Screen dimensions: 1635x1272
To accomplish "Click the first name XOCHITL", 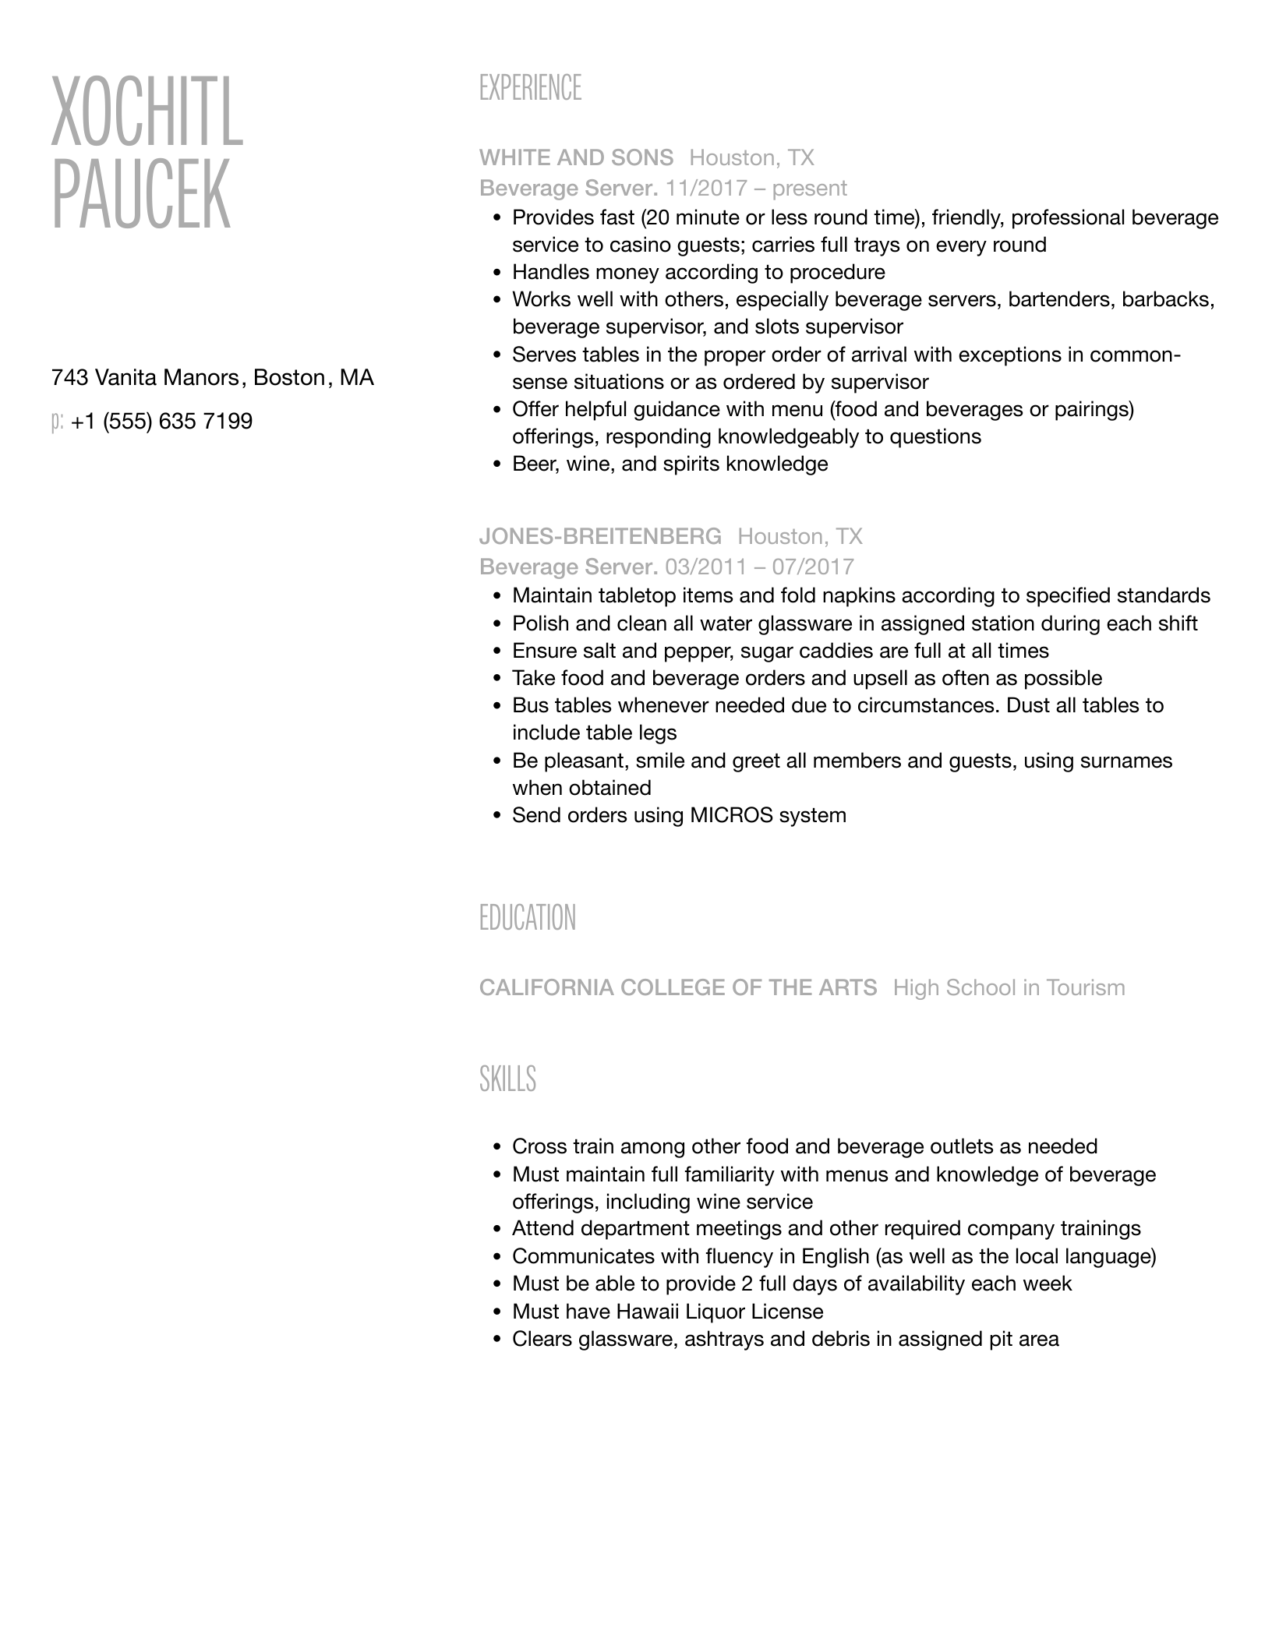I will [x=147, y=112].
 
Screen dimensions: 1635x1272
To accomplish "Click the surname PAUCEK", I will [x=141, y=195].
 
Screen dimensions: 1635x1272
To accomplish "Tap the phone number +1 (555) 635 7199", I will [x=161, y=422].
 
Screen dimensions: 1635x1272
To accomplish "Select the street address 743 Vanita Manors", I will [x=145, y=378].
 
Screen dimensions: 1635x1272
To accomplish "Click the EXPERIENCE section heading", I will [x=530, y=88].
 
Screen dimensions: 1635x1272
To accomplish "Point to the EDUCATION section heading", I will [x=527, y=918].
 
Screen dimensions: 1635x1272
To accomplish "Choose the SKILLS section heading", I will [x=507, y=1079].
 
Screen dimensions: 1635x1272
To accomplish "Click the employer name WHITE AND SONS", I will [x=576, y=157].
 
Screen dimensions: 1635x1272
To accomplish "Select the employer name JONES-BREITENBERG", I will [x=600, y=536].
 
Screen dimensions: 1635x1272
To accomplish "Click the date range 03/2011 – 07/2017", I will [x=759, y=567].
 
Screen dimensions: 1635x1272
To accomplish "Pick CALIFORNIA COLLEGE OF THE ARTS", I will [x=677, y=987].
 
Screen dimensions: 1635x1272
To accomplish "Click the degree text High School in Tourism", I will [x=1009, y=987].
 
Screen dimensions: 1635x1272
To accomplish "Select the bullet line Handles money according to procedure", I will [x=698, y=272].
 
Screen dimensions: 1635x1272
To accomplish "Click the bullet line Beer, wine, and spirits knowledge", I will [x=670, y=464].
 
